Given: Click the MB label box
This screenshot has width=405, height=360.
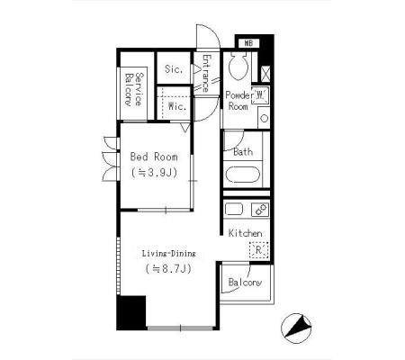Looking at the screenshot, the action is [x=248, y=43].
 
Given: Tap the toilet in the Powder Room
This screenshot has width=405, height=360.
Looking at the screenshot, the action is [x=238, y=66].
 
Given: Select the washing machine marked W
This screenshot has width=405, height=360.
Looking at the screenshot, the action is [x=260, y=95].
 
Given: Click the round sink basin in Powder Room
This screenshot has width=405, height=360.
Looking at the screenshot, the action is [x=264, y=118].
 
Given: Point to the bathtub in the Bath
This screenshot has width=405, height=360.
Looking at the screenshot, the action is [x=243, y=175].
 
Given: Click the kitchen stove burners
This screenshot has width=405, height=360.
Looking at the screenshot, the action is [x=260, y=210].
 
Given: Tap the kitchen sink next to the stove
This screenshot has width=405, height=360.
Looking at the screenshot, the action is [x=234, y=209].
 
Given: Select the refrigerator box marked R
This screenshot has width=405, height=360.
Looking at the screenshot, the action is [x=259, y=250].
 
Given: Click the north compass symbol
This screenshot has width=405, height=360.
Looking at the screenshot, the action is [x=296, y=328].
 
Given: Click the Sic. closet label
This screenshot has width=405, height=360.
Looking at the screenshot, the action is [x=174, y=69].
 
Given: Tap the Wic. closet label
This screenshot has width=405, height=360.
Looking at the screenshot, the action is [x=177, y=106].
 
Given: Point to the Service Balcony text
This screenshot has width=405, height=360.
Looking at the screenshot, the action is [x=133, y=89].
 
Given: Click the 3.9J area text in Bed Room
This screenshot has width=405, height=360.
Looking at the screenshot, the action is [x=154, y=173].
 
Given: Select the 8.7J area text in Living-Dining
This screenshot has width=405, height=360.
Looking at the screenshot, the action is [x=168, y=268].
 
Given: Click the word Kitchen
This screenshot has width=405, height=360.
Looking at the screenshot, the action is [x=245, y=233].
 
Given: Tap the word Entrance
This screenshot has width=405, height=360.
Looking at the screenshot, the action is [x=206, y=73].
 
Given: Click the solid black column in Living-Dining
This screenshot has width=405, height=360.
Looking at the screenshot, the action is [x=131, y=312].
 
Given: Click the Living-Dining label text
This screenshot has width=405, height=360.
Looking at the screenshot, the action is [x=168, y=254].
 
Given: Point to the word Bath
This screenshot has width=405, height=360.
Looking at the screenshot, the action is [x=243, y=152].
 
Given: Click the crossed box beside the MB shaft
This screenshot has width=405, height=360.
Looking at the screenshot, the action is [x=265, y=74].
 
